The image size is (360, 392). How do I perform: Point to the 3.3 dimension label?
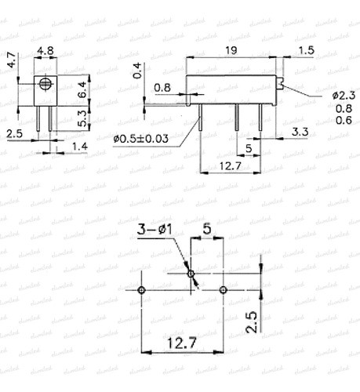click(298, 130)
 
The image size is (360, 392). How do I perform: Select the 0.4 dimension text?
click(138, 71)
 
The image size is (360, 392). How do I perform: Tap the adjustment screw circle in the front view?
click(46, 83)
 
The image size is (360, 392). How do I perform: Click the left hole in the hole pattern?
click(140, 290)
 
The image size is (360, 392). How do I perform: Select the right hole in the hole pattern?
click(224, 290)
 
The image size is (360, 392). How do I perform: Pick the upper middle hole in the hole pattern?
click(191, 274)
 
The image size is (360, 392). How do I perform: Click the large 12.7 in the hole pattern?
click(180, 343)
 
